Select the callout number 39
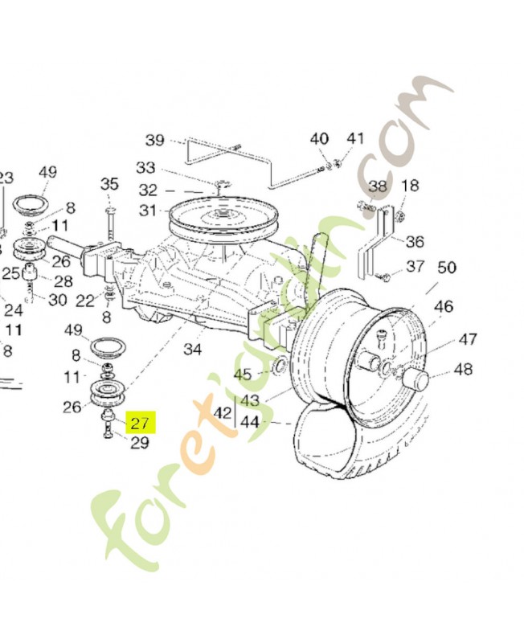(154, 141)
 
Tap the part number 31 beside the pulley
(147, 211)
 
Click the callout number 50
(446, 268)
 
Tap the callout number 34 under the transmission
(193, 349)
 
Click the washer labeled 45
(279, 368)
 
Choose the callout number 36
(415, 241)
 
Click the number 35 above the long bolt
(109, 184)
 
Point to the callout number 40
(319, 139)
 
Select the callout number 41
(355, 138)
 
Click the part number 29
(140, 442)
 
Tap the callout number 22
(85, 300)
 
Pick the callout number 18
(409, 186)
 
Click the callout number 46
(444, 306)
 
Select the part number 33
(145, 168)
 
